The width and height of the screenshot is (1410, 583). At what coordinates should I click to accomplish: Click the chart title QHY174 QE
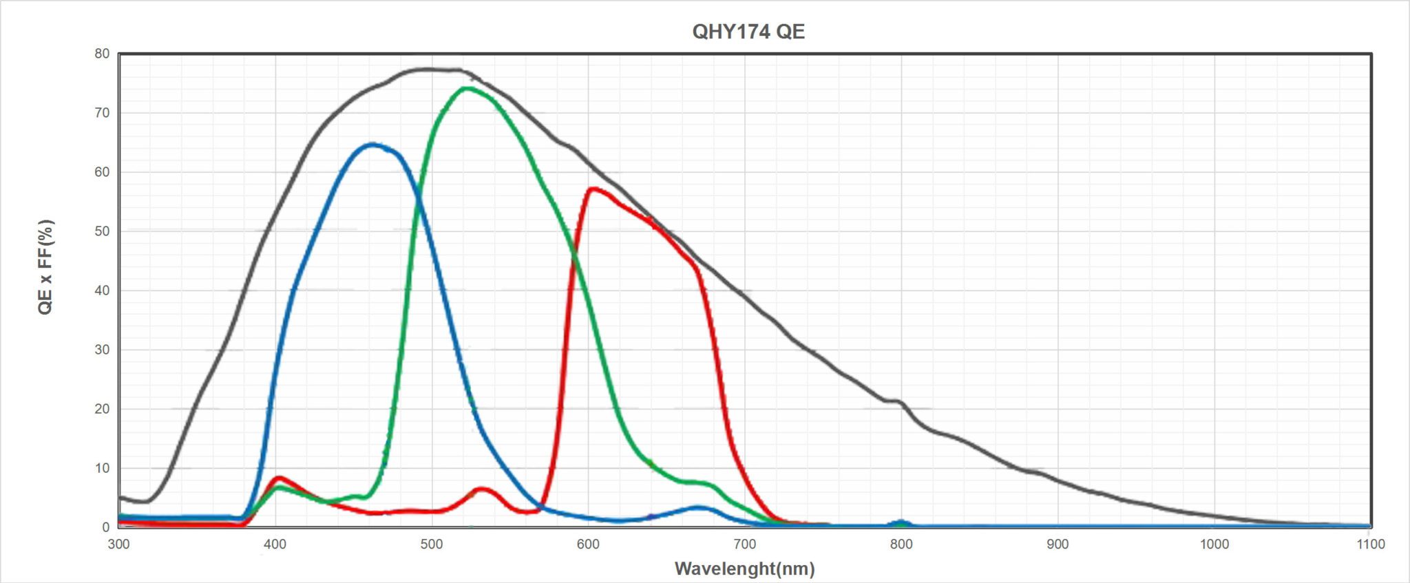(748, 32)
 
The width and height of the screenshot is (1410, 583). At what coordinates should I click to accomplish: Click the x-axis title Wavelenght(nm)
(744, 569)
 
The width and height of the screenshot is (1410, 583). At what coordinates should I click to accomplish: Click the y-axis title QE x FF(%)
(45, 267)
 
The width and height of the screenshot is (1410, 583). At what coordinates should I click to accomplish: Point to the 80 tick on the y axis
(102, 54)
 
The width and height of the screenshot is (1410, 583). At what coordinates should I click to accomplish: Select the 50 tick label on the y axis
(102, 231)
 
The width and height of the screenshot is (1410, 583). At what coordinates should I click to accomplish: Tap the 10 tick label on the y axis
(102, 468)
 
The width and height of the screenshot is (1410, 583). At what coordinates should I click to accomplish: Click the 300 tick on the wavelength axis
(119, 544)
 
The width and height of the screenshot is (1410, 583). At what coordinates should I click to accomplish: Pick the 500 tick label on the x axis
(432, 544)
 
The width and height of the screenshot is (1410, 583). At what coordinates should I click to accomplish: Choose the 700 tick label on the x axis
(745, 544)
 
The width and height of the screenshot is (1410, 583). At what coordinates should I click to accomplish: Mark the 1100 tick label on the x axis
(1370, 544)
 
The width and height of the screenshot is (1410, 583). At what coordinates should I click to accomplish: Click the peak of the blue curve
(372, 145)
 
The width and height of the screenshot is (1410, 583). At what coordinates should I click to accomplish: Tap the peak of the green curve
(467, 88)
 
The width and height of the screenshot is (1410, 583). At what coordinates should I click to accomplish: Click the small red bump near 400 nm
(279, 477)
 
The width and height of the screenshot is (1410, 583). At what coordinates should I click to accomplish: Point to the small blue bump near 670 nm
(698, 508)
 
